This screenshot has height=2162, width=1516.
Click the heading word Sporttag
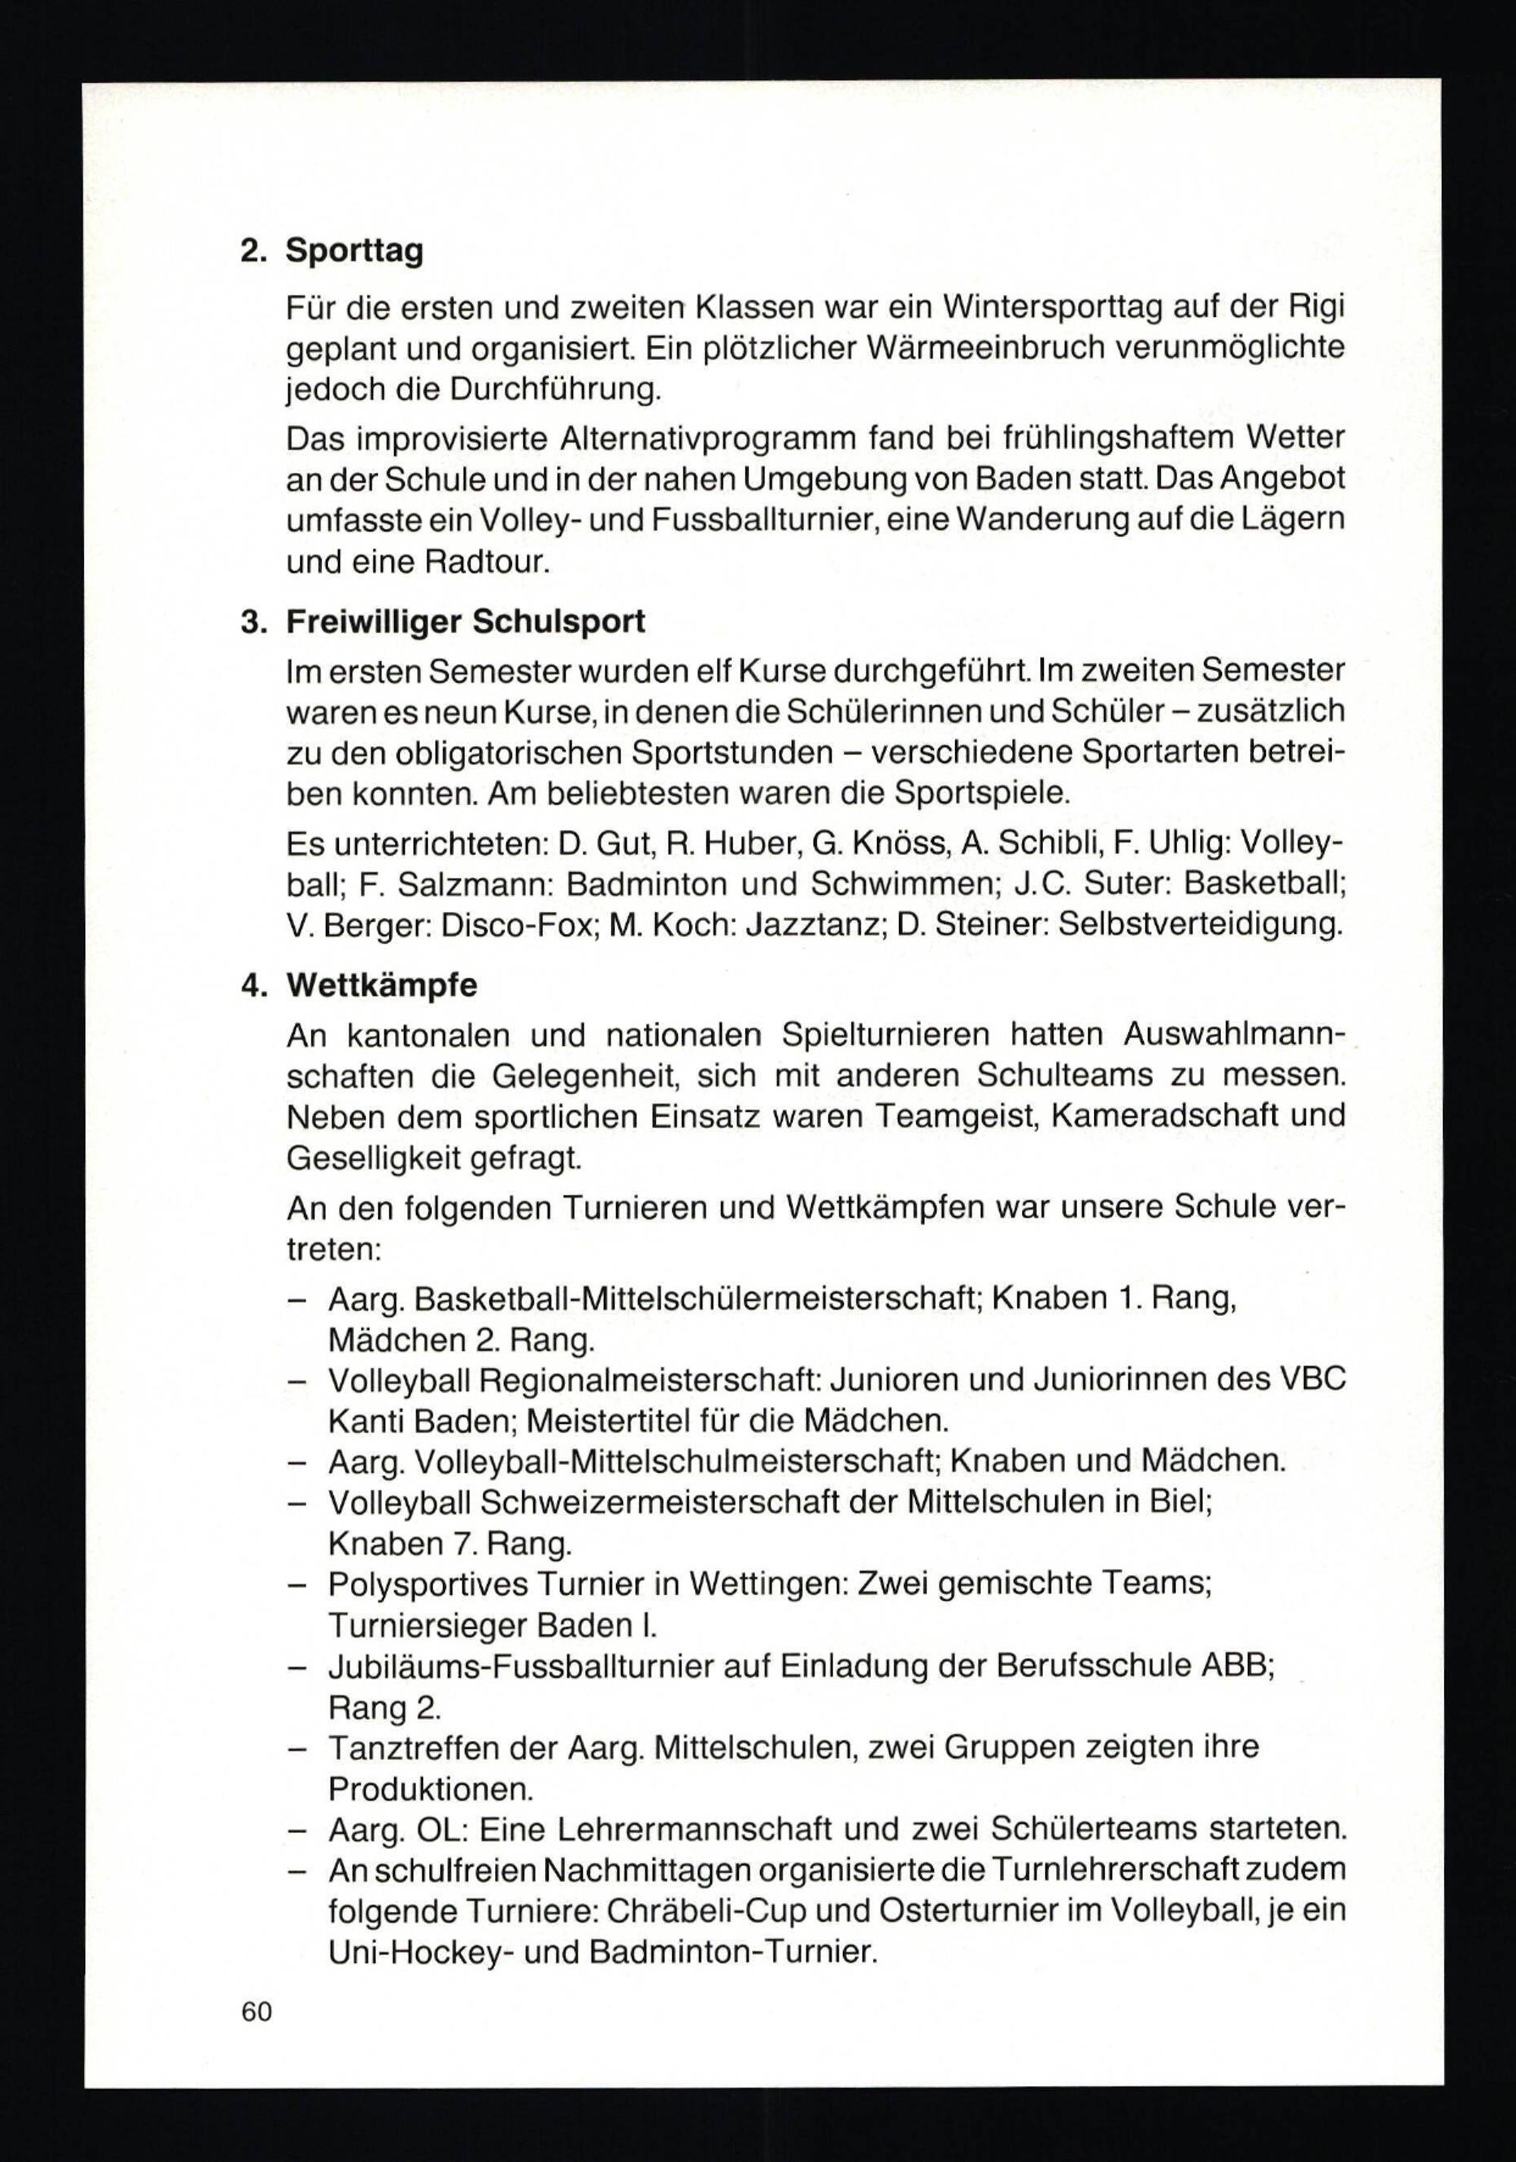[354, 252]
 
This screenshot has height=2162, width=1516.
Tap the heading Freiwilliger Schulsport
[465, 622]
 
